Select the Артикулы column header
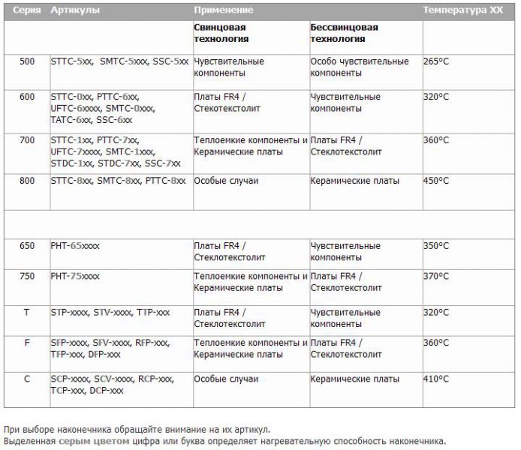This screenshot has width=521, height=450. coord(74,10)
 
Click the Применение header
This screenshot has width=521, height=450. coord(223,10)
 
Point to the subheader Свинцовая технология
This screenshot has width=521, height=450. coord(221,33)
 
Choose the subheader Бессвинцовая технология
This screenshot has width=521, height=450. coord(344,33)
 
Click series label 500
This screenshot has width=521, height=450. coord(27,61)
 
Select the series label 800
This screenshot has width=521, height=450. coord(27,181)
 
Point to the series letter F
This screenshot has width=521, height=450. coord(27,343)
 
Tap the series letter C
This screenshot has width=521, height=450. coord(27,379)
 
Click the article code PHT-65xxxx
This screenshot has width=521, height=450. coord(75,246)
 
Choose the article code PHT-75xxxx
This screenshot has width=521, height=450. coord(75,277)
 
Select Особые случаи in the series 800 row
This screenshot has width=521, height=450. coord(225,181)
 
